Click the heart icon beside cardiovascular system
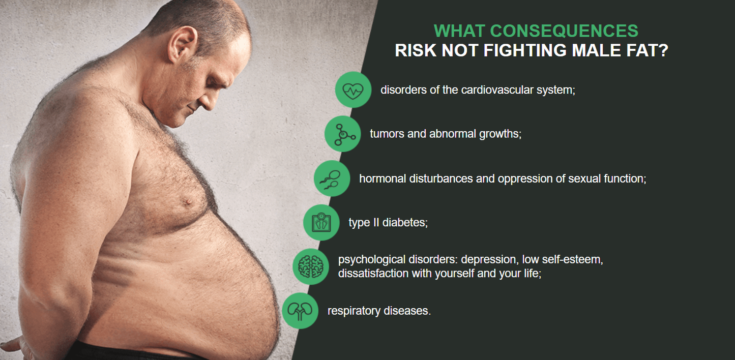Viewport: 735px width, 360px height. (x=353, y=90)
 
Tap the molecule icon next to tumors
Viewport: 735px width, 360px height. (x=342, y=134)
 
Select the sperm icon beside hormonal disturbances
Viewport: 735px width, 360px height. (x=332, y=178)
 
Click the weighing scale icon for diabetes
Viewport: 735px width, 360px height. (x=321, y=223)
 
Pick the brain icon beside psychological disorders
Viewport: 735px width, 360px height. (x=311, y=266)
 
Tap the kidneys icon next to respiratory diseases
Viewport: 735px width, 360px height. (x=300, y=311)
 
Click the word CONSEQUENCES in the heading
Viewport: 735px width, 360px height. (x=564, y=31)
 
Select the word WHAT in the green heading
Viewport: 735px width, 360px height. (x=459, y=31)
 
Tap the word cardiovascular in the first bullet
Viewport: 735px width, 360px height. (x=497, y=90)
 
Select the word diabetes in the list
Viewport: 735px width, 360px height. (x=405, y=223)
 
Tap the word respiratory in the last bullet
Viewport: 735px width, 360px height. (x=354, y=311)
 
